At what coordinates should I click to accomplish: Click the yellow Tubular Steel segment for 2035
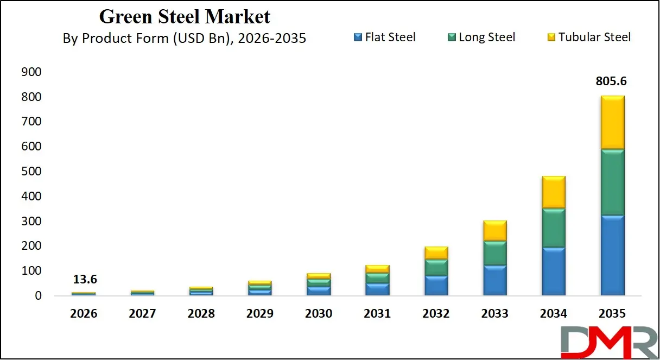(608, 122)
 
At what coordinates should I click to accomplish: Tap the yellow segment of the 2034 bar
(554, 192)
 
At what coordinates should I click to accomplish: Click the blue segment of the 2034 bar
(554, 271)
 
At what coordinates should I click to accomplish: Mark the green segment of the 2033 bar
(495, 253)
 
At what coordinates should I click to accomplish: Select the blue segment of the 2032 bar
(436, 286)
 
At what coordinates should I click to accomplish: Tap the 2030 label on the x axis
(319, 314)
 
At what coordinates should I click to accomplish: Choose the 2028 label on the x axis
(201, 314)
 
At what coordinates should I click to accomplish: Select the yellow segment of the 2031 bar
(377, 269)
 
